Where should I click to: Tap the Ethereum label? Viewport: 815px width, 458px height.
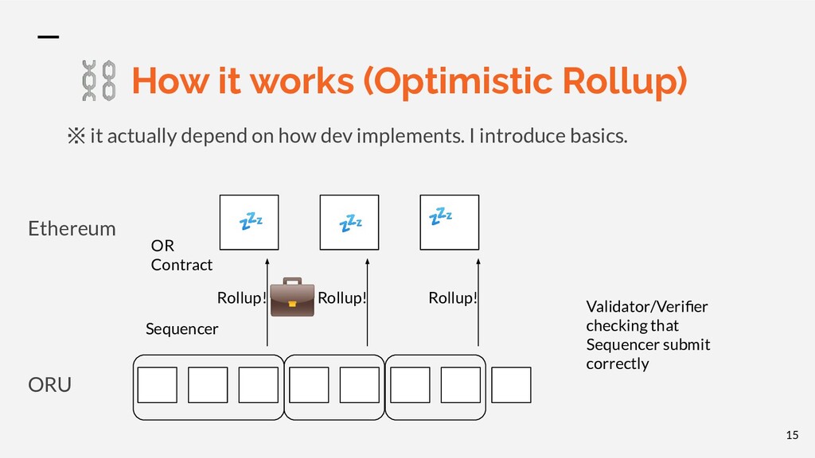click(x=72, y=229)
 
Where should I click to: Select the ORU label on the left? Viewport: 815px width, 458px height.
click(x=49, y=385)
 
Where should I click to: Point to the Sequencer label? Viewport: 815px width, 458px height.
click(x=181, y=328)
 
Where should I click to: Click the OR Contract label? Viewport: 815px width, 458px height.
click(x=181, y=255)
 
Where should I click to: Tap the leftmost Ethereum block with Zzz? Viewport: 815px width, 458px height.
click(x=249, y=223)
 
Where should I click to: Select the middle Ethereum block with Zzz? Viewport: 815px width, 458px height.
click(x=349, y=223)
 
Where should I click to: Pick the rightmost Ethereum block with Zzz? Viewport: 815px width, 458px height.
click(x=449, y=223)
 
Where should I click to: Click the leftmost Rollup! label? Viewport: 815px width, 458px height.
click(x=241, y=299)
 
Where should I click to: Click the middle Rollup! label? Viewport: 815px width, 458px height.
click(x=341, y=299)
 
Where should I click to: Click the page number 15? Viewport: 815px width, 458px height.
click(x=791, y=434)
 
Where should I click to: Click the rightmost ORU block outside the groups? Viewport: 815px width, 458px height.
click(x=511, y=385)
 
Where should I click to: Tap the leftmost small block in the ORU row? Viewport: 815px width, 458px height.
click(x=158, y=385)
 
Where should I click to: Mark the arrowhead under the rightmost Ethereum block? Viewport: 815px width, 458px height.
click(x=478, y=259)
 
